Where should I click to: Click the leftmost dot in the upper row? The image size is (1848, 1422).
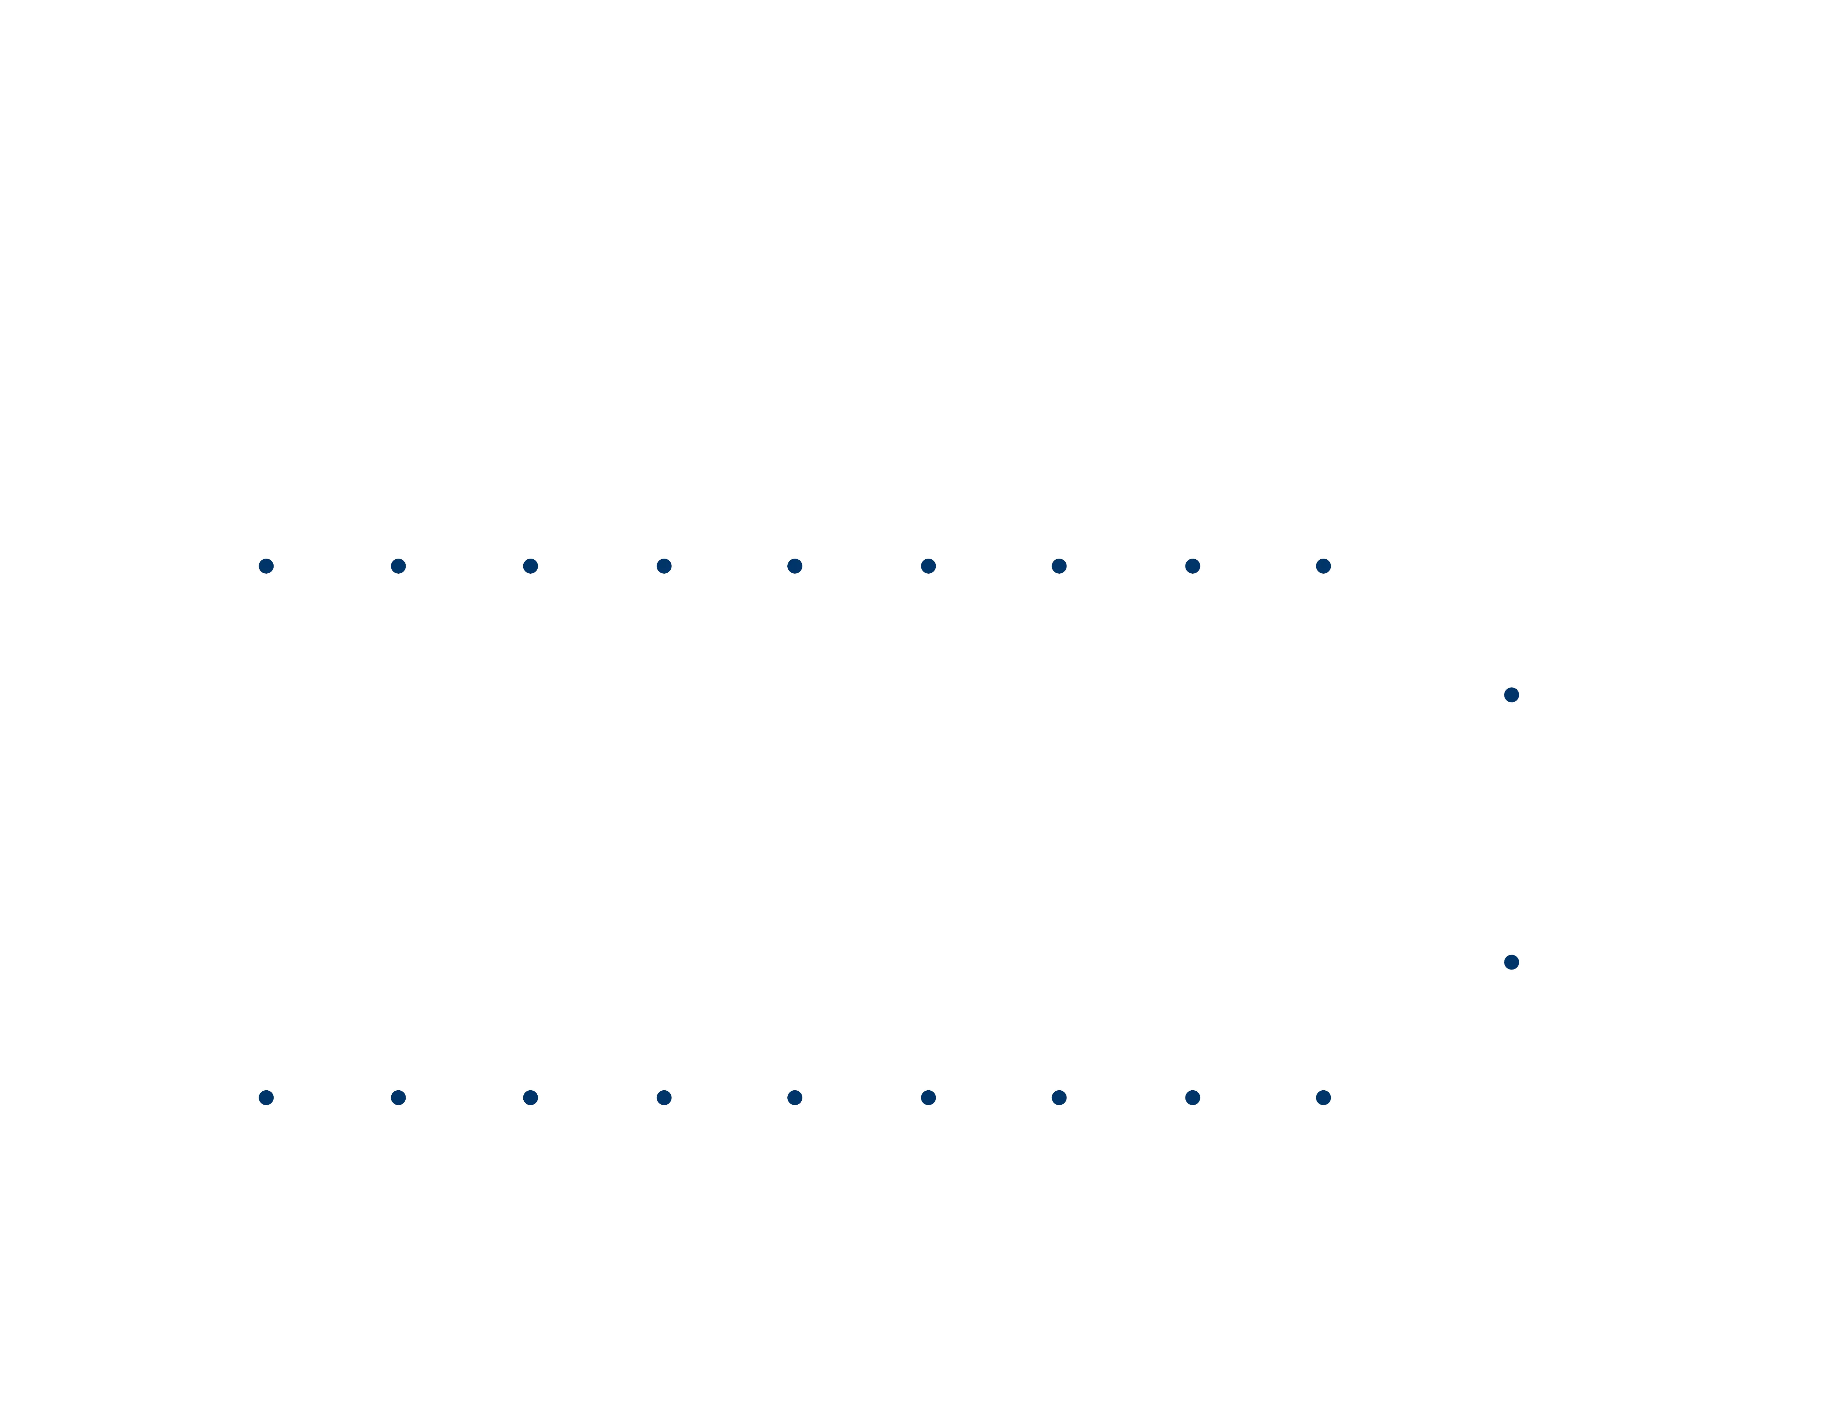266,565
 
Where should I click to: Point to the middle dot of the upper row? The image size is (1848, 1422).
795,565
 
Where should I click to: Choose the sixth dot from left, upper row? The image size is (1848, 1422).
928,565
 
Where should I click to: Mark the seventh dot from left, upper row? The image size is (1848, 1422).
1059,565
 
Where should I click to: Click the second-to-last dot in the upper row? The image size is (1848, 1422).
1192,565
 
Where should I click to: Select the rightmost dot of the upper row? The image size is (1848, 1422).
1323,565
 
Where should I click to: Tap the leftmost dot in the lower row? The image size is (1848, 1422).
266,1097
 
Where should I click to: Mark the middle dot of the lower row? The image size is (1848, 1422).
795,1097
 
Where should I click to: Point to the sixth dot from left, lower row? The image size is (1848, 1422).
928,1097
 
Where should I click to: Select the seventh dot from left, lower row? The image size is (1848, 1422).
1059,1097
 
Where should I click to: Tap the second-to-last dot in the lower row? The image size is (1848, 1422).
1192,1097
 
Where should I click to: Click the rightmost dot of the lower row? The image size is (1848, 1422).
1323,1097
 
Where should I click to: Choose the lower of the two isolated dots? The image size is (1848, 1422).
1511,962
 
